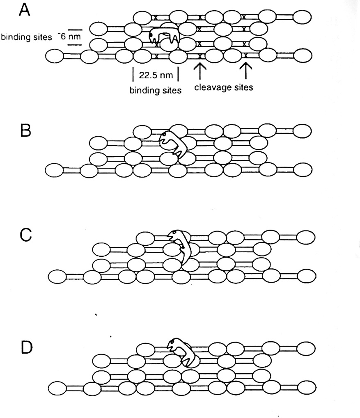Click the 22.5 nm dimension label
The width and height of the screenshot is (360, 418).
tap(156, 76)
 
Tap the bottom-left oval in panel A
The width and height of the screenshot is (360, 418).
tap(55, 56)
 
